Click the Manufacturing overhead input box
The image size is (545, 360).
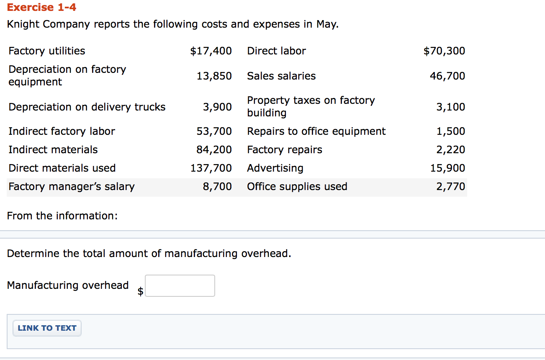point(180,285)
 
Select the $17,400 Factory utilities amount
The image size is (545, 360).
point(211,51)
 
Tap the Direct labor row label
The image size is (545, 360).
point(276,51)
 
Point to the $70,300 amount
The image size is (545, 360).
point(444,51)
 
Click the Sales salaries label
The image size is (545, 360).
point(281,76)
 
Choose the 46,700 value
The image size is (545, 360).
point(447,76)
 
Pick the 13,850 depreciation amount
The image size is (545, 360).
point(214,76)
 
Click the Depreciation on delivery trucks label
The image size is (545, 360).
point(87,107)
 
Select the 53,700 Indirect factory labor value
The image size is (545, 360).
point(214,131)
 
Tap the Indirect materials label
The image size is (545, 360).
point(53,150)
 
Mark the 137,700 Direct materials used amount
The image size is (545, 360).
point(211,168)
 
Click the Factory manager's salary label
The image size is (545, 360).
point(72,187)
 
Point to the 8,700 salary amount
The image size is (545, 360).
point(217,187)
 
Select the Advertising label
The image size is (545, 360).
point(275,168)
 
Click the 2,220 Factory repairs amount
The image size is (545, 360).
point(450,150)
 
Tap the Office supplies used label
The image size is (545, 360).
point(297,187)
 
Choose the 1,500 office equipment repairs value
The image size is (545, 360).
point(450,131)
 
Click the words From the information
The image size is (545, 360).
point(62,216)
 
